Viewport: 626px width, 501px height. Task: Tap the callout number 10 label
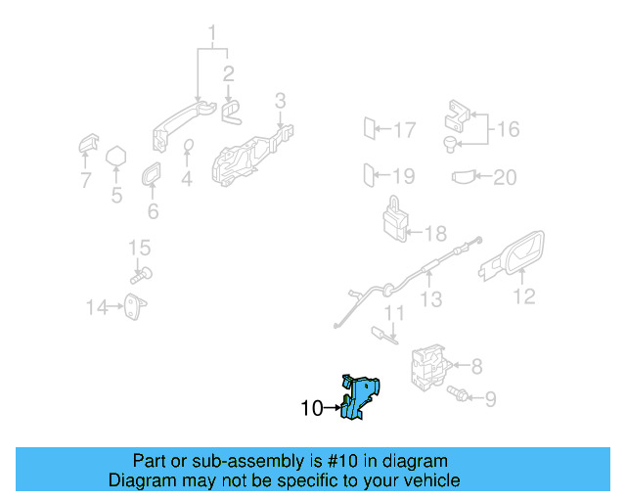click(x=311, y=409)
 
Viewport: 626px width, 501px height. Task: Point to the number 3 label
click(x=280, y=100)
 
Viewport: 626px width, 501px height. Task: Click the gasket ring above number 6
click(x=153, y=176)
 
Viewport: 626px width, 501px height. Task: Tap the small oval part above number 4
click(x=189, y=147)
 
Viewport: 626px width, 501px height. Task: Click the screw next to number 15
click(x=141, y=275)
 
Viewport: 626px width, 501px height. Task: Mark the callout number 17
click(x=404, y=129)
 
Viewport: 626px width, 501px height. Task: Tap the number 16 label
click(x=508, y=129)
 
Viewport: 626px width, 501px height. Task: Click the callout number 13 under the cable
click(x=431, y=299)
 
